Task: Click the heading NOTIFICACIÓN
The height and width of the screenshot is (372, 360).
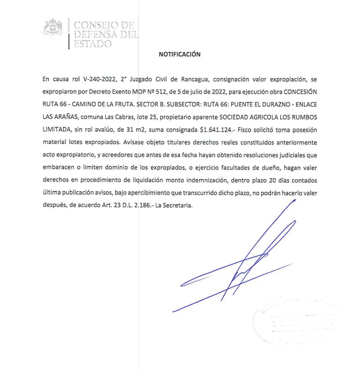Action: click(x=179, y=54)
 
